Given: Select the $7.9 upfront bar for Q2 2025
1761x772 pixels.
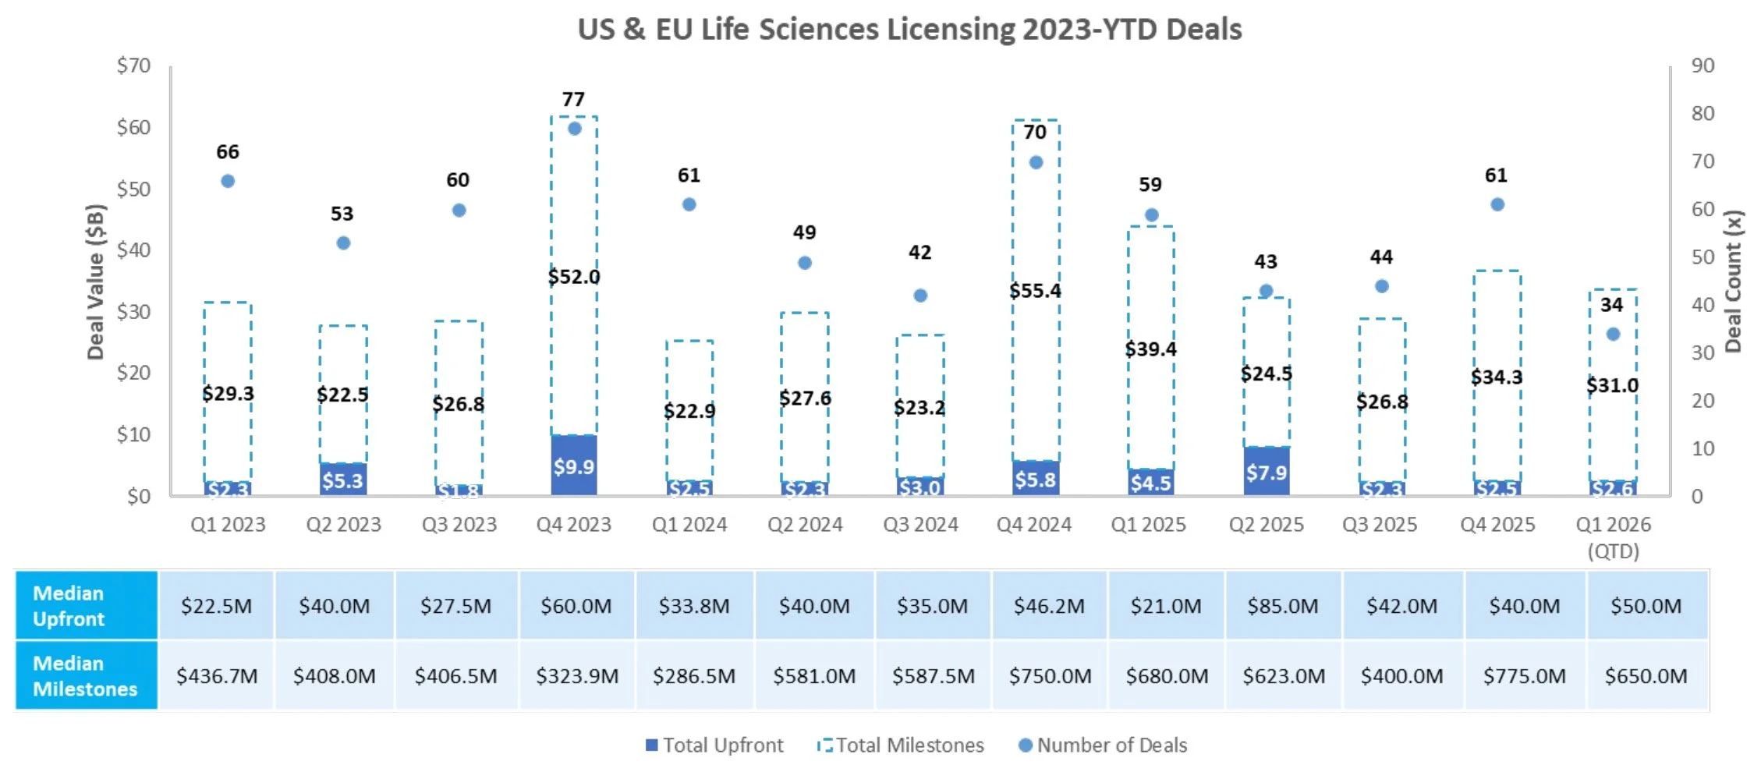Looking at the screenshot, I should pyautogui.click(x=1266, y=471).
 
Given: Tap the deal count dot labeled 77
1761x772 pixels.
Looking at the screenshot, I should pyautogui.click(x=574, y=129).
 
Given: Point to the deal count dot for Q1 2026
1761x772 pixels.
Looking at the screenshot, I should pyautogui.click(x=1613, y=334).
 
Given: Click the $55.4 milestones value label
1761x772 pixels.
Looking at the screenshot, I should pyautogui.click(x=1035, y=291).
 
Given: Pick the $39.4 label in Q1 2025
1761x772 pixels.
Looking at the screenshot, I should pyautogui.click(x=1150, y=349).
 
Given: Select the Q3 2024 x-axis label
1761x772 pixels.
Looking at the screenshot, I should pyautogui.click(x=920, y=525).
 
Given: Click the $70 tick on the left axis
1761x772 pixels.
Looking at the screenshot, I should pyautogui.click(x=133, y=66).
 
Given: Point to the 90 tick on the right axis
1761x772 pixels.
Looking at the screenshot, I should pyautogui.click(x=1703, y=66).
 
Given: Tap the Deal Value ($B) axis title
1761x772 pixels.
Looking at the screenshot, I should pyautogui.click(x=95, y=282).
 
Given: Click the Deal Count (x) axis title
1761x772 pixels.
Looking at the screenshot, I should pyautogui.click(x=1733, y=282).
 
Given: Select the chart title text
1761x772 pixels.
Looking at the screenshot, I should pyautogui.click(x=909, y=29).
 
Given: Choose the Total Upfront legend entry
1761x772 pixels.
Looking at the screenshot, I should pyautogui.click(x=714, y=745).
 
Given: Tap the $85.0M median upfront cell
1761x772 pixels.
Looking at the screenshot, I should pyautogui.click(x=1283, y=606).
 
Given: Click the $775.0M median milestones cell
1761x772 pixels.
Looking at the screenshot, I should pyautogui.click(x=1524, y=676).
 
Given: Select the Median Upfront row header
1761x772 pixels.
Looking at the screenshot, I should pyautogui.click(x=86, y=606).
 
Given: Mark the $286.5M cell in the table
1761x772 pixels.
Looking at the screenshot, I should pyautogui.click(x=694, y=676).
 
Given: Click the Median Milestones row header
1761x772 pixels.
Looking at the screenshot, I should pyautogui.click(x=86, y=676).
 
